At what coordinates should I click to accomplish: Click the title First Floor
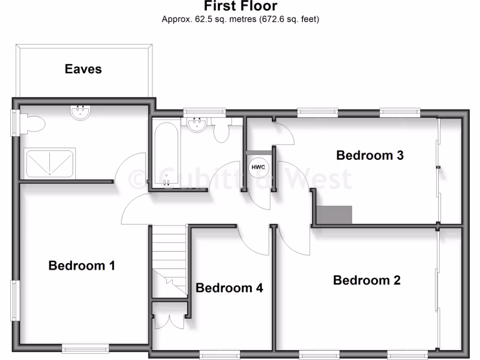[x=240, y=6]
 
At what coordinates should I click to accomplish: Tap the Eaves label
[x=83, y=69]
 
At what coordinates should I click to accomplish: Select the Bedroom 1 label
[x=82, y=266]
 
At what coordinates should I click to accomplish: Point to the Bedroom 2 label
[x=367, y=280]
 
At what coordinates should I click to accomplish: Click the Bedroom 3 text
[x=370, y=155]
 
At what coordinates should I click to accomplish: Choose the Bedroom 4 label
[x=229, y=288]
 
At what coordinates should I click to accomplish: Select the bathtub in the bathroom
[x=166, y=153]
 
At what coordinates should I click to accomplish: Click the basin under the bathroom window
[x=197, y=124]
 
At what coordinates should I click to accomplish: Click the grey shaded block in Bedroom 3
[x=334, y=215]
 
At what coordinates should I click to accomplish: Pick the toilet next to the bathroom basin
[x=222, y=132]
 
